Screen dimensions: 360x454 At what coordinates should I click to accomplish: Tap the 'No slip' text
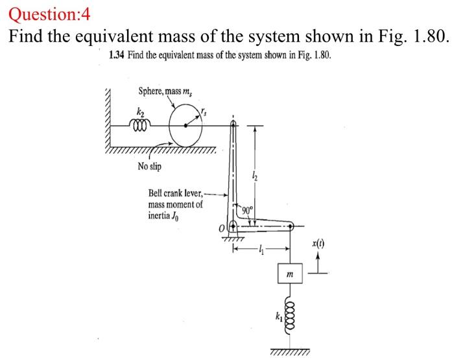pyautogui.click(x=150, y=167)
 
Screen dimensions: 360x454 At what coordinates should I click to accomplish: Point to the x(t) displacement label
pyautogui.click(x=318, y=243)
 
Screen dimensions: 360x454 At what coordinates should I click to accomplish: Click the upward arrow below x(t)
pyautogui.click(x=318, y=261)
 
